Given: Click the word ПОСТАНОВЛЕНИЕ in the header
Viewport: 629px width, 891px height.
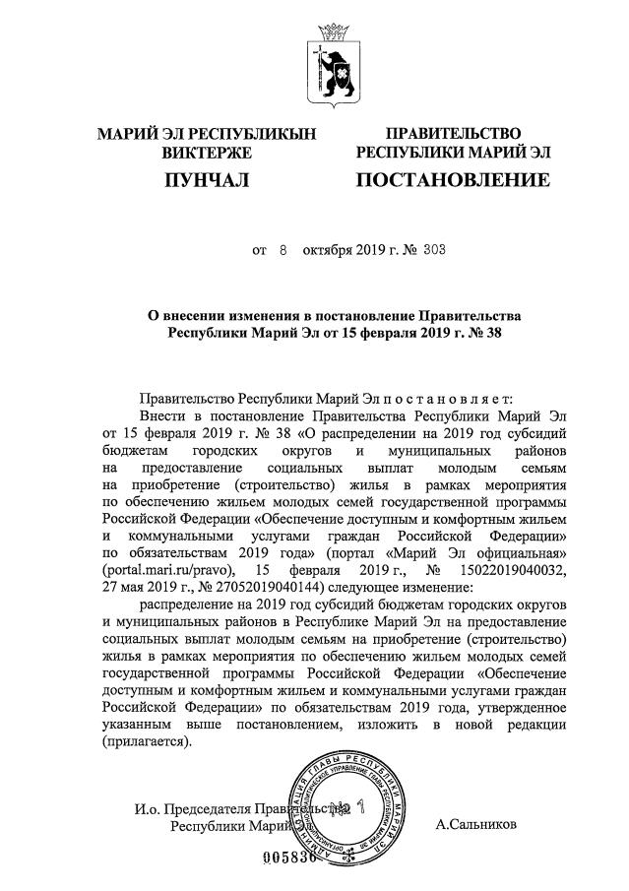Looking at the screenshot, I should point(452,180).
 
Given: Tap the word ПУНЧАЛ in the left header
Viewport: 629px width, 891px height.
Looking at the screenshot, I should point(206,180).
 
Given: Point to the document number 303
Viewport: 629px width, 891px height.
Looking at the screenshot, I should point(434,250).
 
